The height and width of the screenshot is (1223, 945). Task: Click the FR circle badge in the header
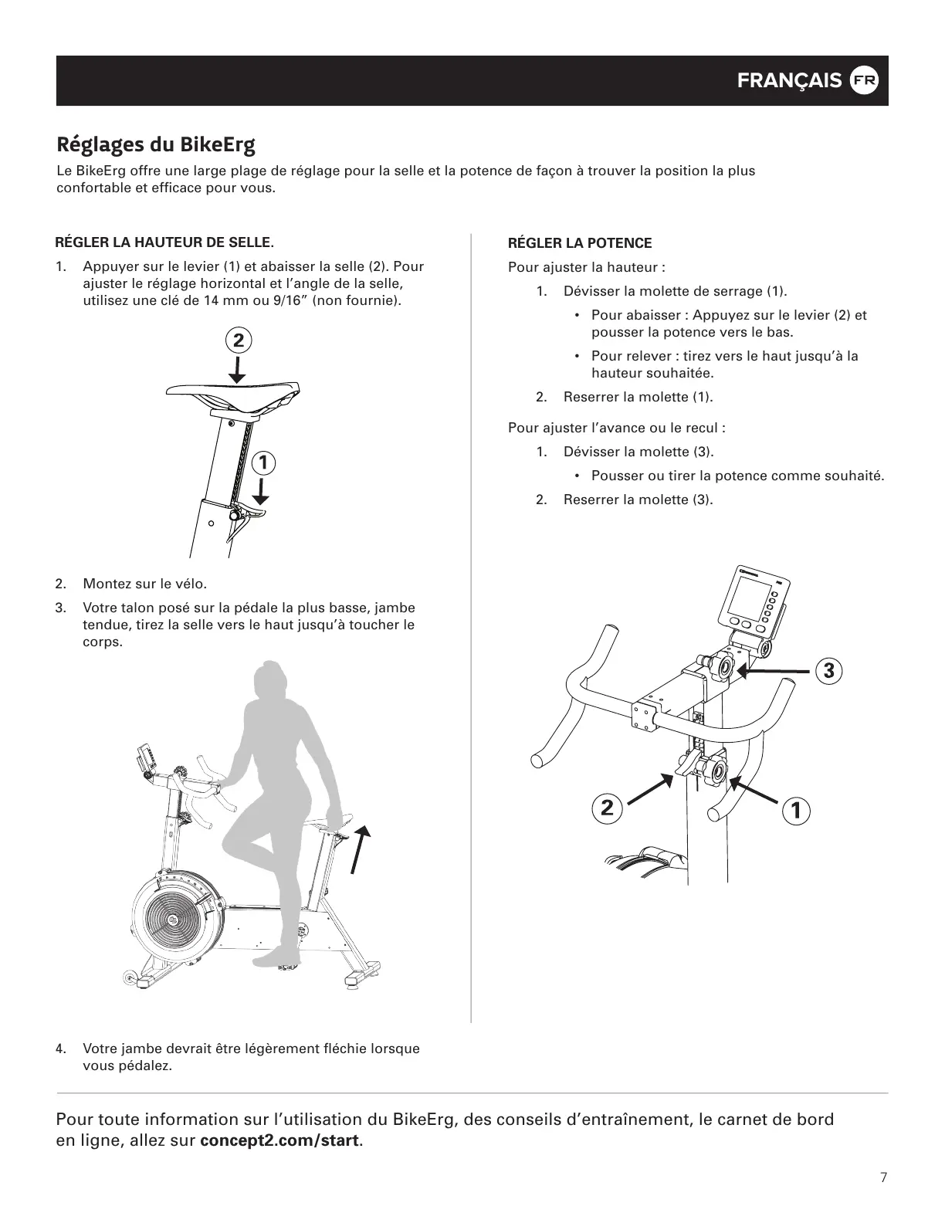864,81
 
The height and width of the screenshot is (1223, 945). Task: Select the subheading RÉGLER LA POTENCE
580,243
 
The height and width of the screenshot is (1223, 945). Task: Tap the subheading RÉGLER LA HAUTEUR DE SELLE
164,242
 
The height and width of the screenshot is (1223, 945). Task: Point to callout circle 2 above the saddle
239,340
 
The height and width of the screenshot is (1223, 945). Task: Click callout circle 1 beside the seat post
263,462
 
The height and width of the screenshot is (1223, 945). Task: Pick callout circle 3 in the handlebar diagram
828,670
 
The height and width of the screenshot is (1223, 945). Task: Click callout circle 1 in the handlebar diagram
795,810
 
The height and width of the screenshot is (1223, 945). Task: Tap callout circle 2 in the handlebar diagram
607,808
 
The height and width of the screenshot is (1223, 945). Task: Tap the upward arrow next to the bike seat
359,848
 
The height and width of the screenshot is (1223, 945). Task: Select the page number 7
883,1177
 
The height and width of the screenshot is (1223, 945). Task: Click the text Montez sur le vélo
145,584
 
